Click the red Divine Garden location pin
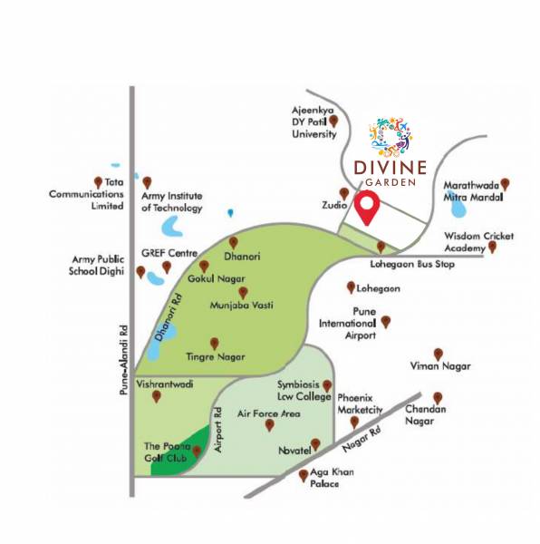(x=367, y=208)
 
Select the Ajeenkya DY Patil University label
(x=314, y=121)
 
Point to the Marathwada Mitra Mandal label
(x=473, y=189)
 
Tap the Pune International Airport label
(x=347, y=324)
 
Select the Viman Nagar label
(x=439, y=366)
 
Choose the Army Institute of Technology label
(x=172, y=201)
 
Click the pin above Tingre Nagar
(x=215, y=343)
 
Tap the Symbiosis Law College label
(x=304, y=391)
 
